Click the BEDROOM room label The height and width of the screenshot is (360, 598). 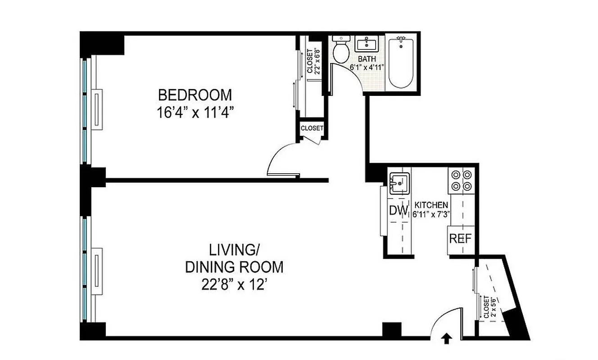[195, 95]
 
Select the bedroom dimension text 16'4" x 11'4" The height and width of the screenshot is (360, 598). [195, 112]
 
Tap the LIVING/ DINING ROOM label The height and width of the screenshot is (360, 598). [234, 257]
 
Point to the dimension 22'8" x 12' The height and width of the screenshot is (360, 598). [234, 285]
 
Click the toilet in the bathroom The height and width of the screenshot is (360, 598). [340, 50]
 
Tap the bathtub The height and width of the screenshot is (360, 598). [401, 63]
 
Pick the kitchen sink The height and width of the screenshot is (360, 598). [398, 183]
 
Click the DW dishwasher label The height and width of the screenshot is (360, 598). [398, 210]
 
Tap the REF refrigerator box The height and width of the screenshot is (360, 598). [461, 238]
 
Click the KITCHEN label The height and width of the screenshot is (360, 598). [431, 204]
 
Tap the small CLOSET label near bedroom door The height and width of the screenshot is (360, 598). [312, 128]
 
